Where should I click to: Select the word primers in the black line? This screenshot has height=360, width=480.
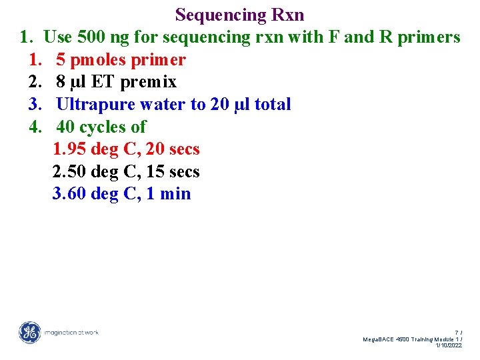click(x=429, y=37)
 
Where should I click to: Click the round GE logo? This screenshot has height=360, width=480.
click(x=29, y=332)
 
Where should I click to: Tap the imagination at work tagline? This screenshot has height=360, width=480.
click(x=71, y=332)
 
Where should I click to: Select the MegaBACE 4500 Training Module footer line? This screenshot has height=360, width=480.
click(x=411, y=339)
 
